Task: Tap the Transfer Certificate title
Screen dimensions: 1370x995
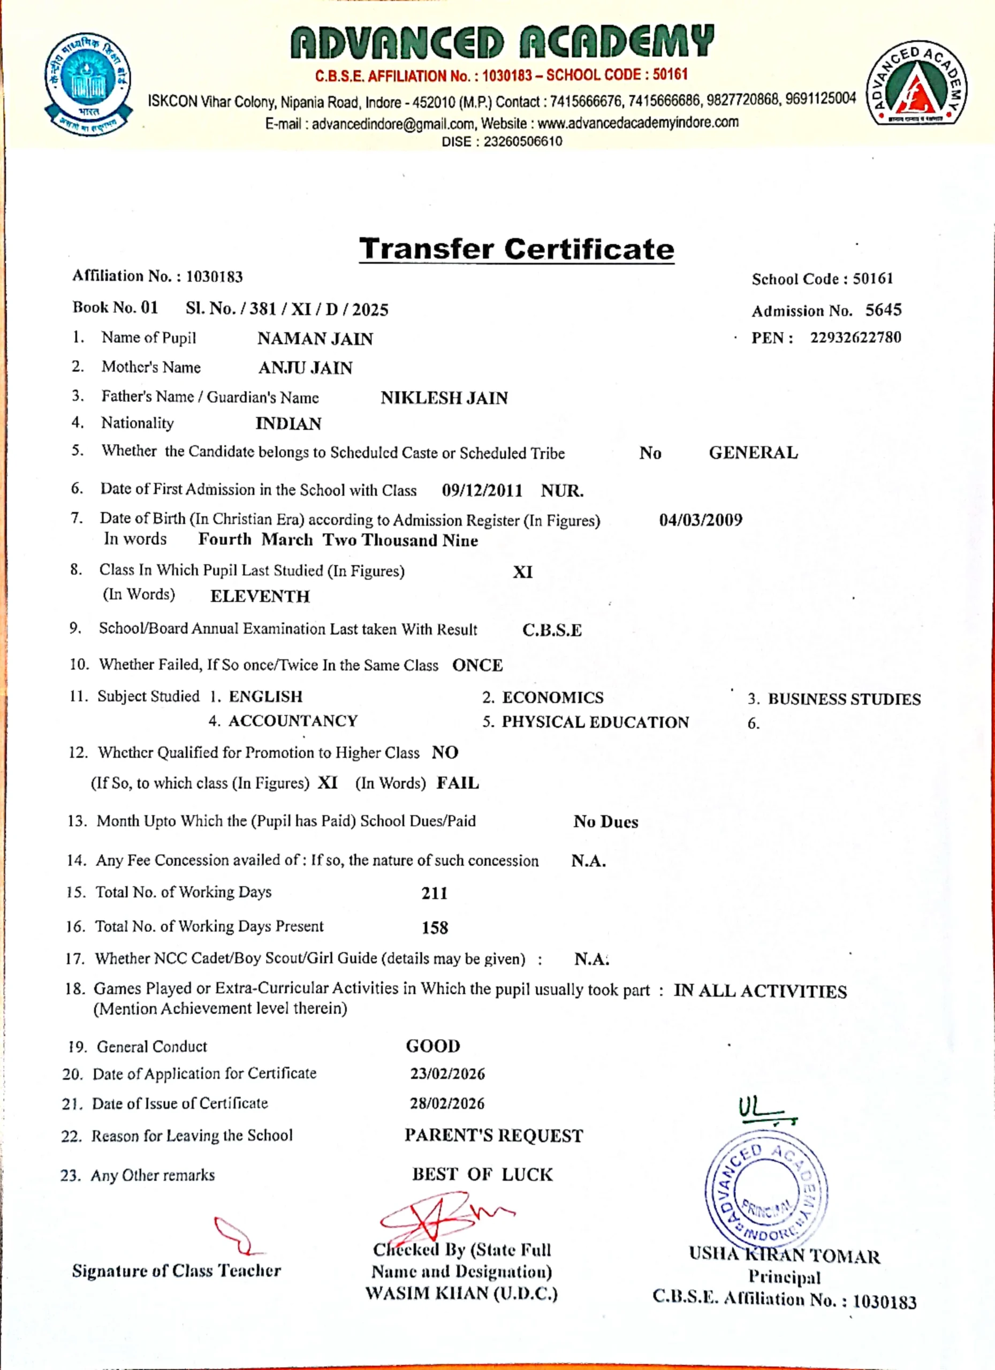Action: pos(517,249)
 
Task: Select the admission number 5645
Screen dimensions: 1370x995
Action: pos(883,310)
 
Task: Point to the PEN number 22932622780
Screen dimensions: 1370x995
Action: pos(855,337)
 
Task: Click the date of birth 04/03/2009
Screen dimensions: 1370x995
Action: pos(701,520)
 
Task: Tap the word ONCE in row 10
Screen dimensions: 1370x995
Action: pos(477,665)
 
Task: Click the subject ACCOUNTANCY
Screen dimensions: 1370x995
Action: pos(293,721)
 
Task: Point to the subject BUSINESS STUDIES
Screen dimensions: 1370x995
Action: pos(844,699)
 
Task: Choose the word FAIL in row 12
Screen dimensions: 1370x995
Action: pos(458,783)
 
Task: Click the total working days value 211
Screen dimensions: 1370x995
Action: pos(435,893)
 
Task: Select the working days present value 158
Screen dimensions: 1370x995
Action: pos(435,927)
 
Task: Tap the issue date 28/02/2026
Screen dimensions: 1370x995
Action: pos(447,1103)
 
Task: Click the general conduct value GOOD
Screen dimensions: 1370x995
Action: pos(433,1046)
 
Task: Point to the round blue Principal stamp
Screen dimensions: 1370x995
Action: pos(766,1190)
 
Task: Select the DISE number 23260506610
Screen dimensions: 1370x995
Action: pos(522,141)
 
